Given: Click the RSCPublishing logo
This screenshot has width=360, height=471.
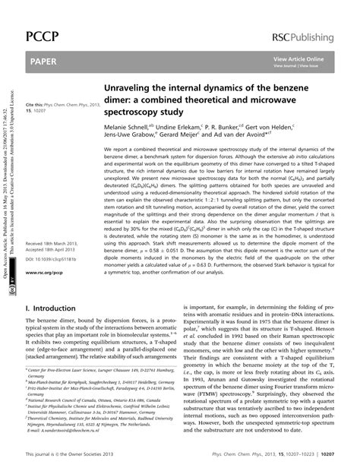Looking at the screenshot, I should pyautogui.click(x=308, y=16).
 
